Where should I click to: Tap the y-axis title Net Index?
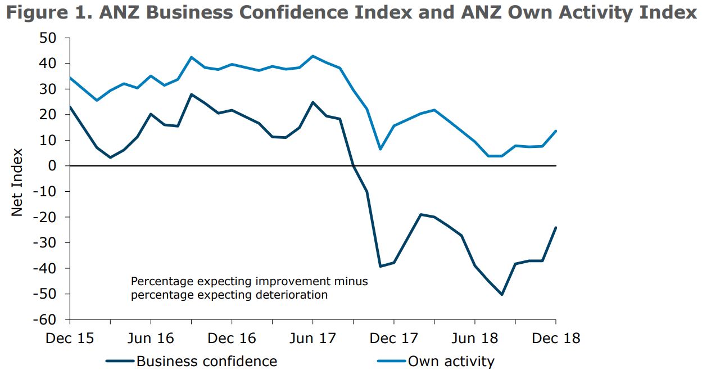tap(17, 182)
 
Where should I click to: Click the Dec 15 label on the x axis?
tap(69, 339)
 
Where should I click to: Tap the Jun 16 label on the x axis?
tap(151, 339)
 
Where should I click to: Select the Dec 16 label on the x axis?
tap(232, 339)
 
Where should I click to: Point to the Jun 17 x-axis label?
tap(312, 339)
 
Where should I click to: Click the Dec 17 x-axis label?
tap(393, 339)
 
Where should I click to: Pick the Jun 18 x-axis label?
tap(475, 339)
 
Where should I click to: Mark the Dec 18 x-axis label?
tap(556, 339)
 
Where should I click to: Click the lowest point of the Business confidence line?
tap(502, 294)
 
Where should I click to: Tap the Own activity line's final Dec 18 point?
tap(556, 131)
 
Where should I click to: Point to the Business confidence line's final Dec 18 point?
tap(556, 228)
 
